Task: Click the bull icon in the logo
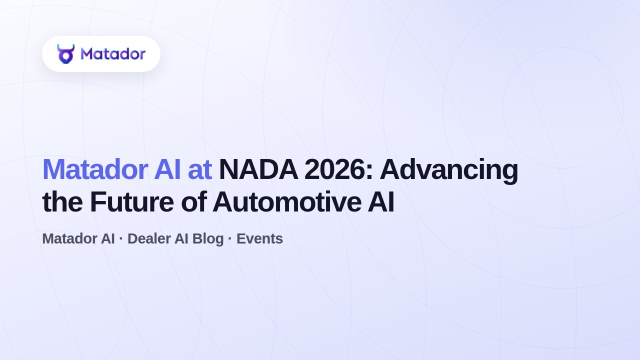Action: [x=65, y=53]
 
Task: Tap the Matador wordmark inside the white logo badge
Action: [x=113, y=53]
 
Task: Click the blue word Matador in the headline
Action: [x=95, y=169]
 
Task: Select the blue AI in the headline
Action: [x=167, y=169]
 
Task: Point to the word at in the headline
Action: [x=199, y=170]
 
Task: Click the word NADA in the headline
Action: [x=258, y=169]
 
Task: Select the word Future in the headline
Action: [x=132, y=202]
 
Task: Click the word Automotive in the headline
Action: [x=287, y=202]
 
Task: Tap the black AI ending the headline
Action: [x=381, y=202]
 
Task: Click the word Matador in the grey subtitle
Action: [x=69, y=238]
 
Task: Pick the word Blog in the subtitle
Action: [x=208, y=239]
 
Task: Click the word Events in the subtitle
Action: [x=259, y=238]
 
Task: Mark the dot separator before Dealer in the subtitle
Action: [x=121, y=238]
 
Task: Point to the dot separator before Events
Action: [x=230, y=238]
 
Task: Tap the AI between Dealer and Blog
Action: [x=181, y=238]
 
